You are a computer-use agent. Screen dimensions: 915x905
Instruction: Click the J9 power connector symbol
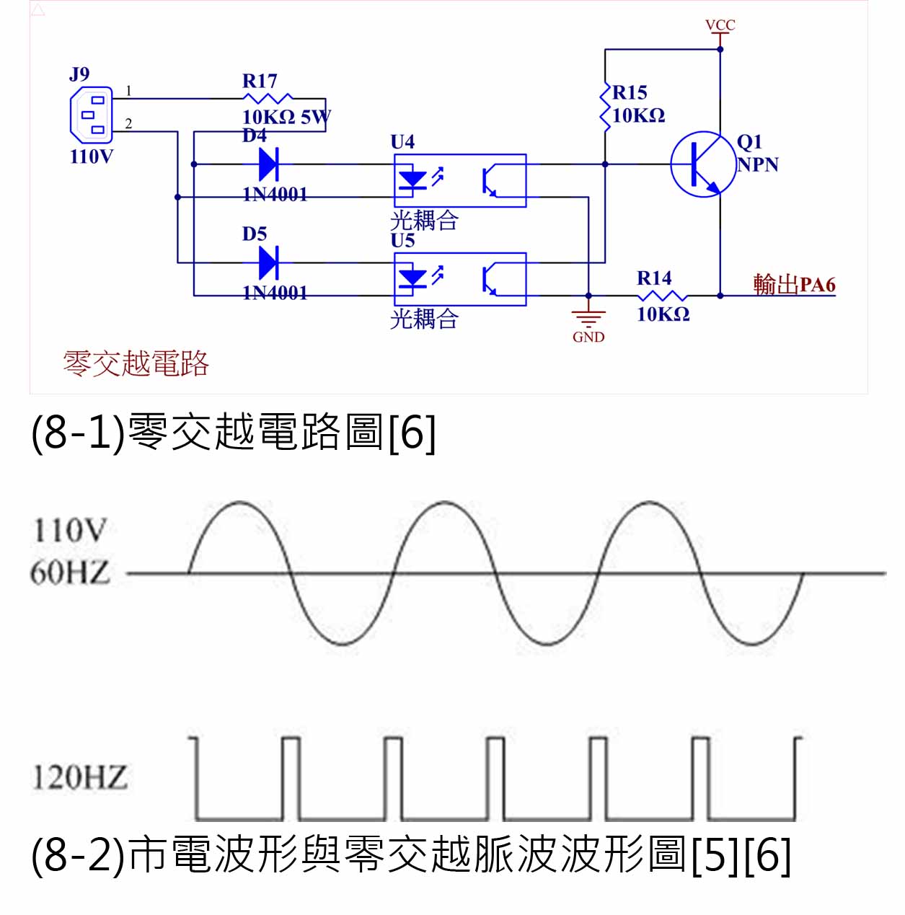click(x=92, y=115)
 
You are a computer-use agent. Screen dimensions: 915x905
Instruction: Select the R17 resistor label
click(x=260, y=81)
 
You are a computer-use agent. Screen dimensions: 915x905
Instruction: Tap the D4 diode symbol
click(x=268, y=164)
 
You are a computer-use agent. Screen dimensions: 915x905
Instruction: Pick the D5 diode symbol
click(x=268, y=262)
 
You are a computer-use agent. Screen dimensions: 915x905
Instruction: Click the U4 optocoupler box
click(x=460, y=180)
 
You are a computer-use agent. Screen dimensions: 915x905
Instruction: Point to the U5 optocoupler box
click(x=460, y=279)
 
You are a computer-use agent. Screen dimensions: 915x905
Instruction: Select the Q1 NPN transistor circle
click(x=703, y=164)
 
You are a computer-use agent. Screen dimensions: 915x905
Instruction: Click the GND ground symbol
click(x=588, y=317)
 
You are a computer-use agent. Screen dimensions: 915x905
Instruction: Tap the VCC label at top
click(x=720, y=25)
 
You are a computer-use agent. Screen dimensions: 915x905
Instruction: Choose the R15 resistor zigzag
click(x=605, y=106)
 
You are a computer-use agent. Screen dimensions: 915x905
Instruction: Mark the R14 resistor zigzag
click(x=662, y=296)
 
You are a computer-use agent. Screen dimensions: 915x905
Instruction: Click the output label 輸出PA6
click(x=794, y=284)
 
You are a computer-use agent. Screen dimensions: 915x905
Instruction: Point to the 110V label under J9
click(x=92, y=156)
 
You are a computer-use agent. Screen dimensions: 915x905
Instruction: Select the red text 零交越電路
click(x=136, y=363)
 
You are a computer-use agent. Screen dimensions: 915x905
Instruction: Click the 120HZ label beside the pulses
click(x=79, y=777)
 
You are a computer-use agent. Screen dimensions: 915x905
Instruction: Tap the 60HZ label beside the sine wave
click(x=70, y=573)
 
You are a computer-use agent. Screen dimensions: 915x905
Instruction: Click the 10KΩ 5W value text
click(x=286, y=117)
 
